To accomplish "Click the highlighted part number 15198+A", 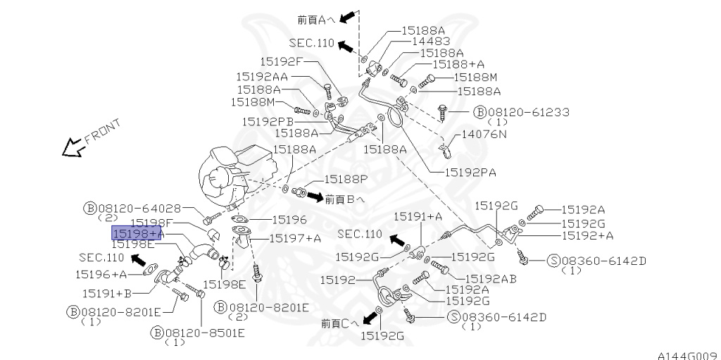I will pyautogui.click(x=137, y=233).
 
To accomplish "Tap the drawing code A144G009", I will pyautogui.click(x=687, y=354).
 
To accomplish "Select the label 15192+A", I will pyautogui.click(x=587, y=235).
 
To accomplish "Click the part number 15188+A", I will pyautogui.click(x=458, y=64).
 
